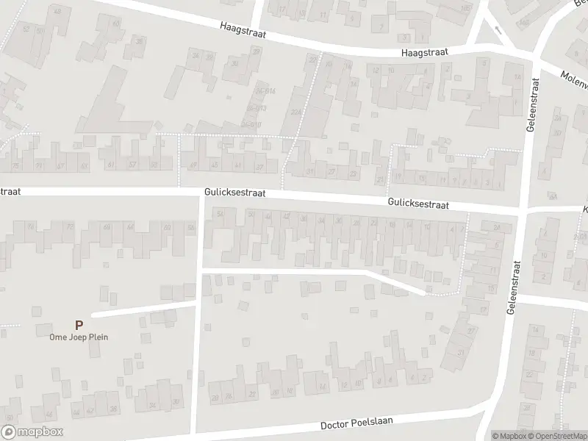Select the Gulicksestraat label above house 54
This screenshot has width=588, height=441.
tap(234, 195)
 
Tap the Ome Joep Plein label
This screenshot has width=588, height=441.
tap(79, 338)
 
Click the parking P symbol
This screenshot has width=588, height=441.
tap(79, 324)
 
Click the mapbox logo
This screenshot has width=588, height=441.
tap(32, 432)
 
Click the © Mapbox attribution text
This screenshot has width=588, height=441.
tap(509, 435)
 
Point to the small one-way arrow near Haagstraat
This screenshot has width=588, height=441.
tap(497, 29)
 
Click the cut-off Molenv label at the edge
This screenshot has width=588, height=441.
tap(573, 76)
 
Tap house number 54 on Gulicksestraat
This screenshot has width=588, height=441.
tap(220, 214)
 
